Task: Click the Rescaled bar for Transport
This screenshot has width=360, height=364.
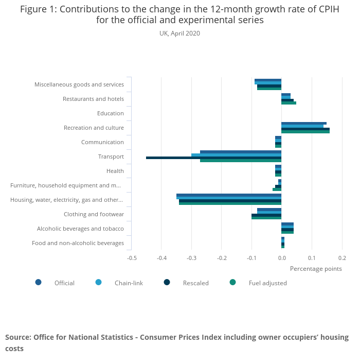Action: pyautogui.click(x=213, y=158)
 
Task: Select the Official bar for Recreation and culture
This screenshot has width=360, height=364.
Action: pyautogui.click(x=303, y=124)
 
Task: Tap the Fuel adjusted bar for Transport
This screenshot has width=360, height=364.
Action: pyautogui.click(x=240, y=161)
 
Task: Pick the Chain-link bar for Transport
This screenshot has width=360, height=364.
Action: pyautogui.click(x=236, y=155)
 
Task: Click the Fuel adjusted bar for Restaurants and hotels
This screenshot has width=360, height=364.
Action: pyautogui.click(x=289, y=103)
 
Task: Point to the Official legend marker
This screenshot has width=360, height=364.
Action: pyautogui.click(x=39, y=282)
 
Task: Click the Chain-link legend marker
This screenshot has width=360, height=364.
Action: pyautogui.click(x=99, y=282)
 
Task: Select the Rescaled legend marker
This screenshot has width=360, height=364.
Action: pyautogui.click(x=167, y=282)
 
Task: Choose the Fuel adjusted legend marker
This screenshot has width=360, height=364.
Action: pyautogui.click(x=232, y=282)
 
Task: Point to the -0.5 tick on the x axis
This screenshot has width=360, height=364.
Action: pyautogui.click(x=132, y=257)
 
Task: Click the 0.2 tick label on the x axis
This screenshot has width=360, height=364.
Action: pyautogui.click(x=342, y=257)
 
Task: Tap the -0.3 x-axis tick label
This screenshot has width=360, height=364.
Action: pyautogui.click(x=191, y=257)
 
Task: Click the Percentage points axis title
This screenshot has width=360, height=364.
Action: pyautogui.click(x=316, y=268)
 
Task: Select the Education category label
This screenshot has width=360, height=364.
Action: pyautogui.click(x=110, y=113)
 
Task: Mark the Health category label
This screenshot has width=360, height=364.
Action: pyautogui.click(x=115, y=171)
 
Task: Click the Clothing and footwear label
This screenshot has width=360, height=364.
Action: pyautogui.click(x=94, y=214)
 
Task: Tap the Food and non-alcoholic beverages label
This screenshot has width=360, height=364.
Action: pyautogui.click(x=78, y=243)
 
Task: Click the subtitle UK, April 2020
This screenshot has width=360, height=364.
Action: pyautogui.click(x=179, y=33)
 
